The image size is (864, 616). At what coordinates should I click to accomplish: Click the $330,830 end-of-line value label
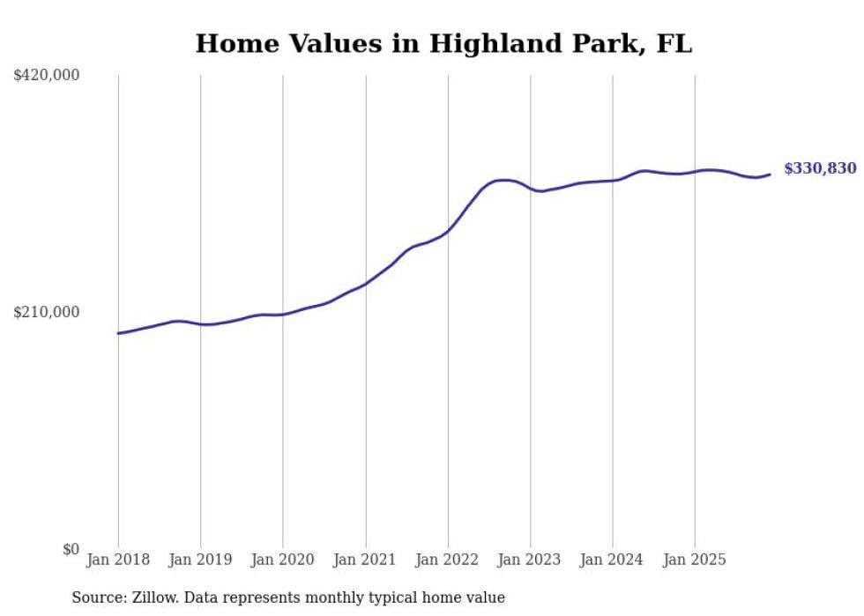coord(819,168)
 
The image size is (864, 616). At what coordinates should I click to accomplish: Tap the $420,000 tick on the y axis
coord(47,76)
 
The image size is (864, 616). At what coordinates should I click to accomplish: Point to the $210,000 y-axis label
coord(47,312)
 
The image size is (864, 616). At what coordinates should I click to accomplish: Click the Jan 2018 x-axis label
coord(118,560)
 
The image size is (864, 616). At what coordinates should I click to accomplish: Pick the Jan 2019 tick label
coord(200,560)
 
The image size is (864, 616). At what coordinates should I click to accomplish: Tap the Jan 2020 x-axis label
coord(283,560)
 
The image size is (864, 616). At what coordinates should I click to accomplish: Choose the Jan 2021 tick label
coord(365,560)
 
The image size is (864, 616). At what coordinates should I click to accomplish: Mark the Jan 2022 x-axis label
coord(448,560)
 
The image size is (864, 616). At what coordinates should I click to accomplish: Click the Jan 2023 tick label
coord(530,560)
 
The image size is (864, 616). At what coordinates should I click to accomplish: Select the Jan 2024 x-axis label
coord(613,560)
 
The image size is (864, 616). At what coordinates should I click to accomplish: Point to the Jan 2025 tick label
coord(695,560)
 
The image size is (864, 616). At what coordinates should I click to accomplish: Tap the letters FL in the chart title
coord(674,43)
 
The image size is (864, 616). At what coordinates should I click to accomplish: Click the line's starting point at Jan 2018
coord(118,333)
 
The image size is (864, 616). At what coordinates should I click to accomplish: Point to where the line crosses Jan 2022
coord(448,232)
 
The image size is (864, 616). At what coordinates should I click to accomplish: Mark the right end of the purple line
coord(770,174)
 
